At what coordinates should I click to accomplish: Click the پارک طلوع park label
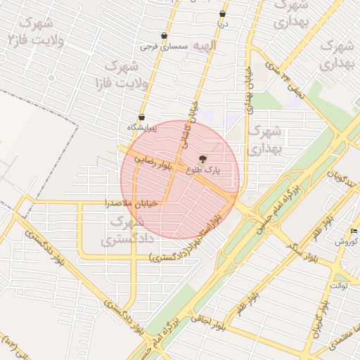click(x=204, y=169)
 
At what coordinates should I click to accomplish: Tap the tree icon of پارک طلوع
click(x=204, y=159)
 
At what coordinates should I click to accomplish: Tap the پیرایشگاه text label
click(x=141, y=127)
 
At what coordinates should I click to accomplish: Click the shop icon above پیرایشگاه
click(x=141, y=117)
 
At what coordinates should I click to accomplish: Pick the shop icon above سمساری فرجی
click(x=164, y=36)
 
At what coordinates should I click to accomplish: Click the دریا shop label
click(x=223, y=24)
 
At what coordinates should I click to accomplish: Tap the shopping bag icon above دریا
click(x=223, y=13)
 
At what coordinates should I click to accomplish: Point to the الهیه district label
click(x=205, y=46)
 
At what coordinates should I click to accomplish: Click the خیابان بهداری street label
click(x=248, y=95)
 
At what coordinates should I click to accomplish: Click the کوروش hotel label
click(x=347, y=241)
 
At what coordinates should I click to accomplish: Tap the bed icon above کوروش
click(x=354, y=231)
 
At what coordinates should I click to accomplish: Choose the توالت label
click(x=339, y=286)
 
